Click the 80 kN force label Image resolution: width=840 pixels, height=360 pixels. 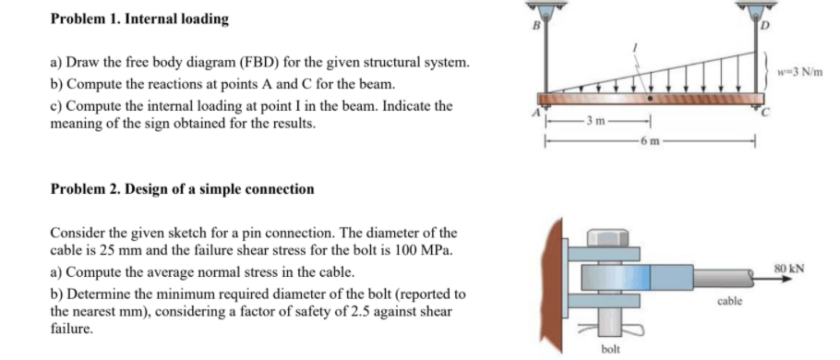(x=792, y=269)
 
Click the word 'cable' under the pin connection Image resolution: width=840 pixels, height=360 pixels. (x=727, y=302)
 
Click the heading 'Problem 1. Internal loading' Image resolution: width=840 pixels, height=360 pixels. (x=139, y=18)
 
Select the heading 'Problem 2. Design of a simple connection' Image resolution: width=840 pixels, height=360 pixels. (x=182, y=189)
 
